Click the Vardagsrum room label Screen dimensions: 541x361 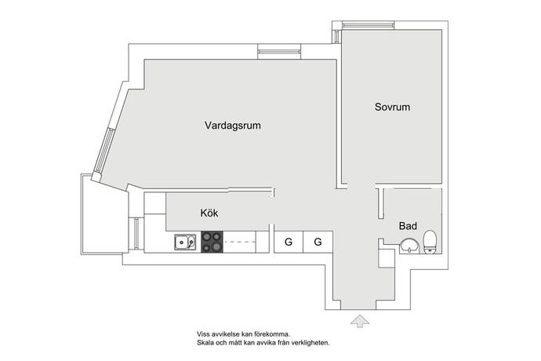click(x=233, y=125)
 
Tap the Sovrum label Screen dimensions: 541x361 click(x=392, y=107)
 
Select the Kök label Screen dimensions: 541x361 click(x=209, y=213)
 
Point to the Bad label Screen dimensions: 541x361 click(x=408, y=226)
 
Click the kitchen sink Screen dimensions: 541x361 click(x=185, y=242)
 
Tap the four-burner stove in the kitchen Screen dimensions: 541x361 click(x=212, y=242)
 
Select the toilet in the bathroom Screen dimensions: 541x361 click(x=430, y=242)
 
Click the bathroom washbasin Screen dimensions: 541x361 click(x=409, y=246)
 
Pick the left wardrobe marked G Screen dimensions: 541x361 click(x=289, y=242)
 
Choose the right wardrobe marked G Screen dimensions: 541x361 click(x=318, y=242)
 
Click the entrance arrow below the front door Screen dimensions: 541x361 click(x=360, y=321)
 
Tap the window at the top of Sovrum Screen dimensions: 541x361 click(x=369, y=25)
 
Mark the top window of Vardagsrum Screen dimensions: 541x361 click(x=279, y=52)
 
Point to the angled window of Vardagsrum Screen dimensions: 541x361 click(x=104, y=151)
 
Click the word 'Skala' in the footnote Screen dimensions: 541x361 click(x=205, y=343)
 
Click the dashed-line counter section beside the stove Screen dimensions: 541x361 click(x=239, y=242)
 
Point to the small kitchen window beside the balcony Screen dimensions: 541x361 click(x=136, y=233)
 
